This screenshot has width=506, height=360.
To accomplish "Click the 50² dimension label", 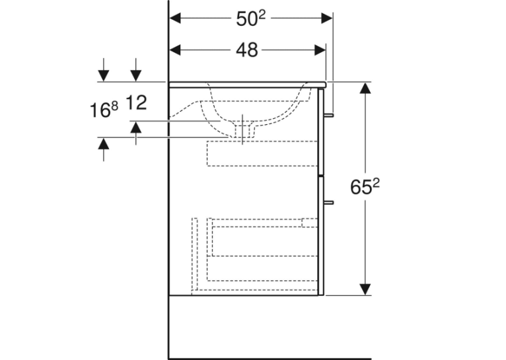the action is point(250,18).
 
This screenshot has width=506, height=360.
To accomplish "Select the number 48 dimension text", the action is point(247,50).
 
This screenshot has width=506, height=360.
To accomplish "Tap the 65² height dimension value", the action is point(365,186).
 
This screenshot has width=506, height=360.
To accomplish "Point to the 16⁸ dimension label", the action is point(104,110).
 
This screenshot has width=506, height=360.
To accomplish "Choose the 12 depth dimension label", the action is point(136,102).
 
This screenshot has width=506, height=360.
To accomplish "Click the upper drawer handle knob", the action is point(328,115).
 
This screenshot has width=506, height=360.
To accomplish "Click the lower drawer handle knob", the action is point(328,203).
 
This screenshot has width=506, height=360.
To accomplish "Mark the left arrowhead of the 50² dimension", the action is point(175,18).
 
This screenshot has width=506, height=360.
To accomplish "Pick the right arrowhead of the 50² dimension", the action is point(327,18).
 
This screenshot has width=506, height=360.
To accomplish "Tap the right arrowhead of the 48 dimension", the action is point(320,50).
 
